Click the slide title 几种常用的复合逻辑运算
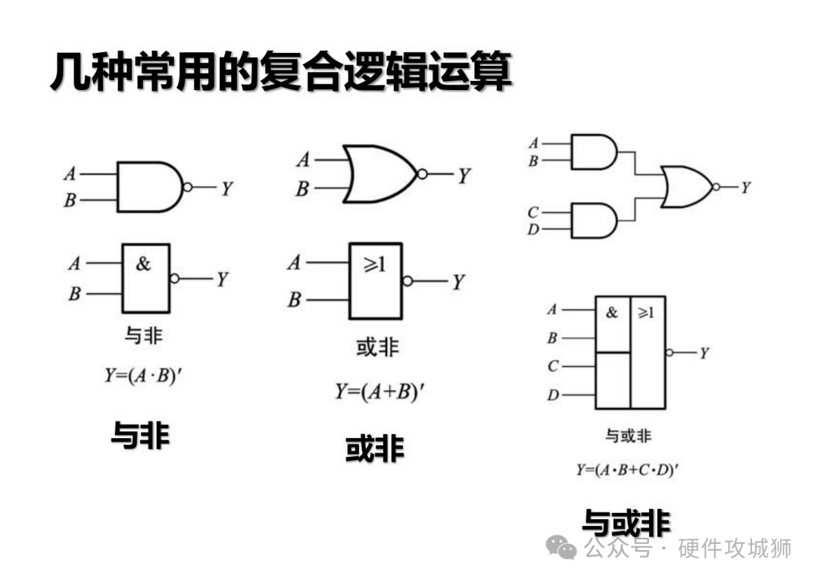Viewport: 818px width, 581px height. coord(280,73)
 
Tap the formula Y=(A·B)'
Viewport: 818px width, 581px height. coord(144,375)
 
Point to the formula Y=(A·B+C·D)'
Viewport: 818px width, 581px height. coord(627,470)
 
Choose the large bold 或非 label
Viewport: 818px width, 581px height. coord(375,449)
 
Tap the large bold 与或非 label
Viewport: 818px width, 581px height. coord(626,523)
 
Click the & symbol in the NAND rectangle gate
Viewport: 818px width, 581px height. coord(143,264)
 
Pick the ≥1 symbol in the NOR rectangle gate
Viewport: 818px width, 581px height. coord(374,265)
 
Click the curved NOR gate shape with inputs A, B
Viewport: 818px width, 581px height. coord(379,174)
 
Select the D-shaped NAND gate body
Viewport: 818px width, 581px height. coord(148,187)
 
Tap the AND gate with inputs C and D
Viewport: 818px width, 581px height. coord(592,220)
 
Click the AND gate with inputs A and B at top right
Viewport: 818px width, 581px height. coord(592,152)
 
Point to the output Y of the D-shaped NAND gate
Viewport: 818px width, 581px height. coord(226,188)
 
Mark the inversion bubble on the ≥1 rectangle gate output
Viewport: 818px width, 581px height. coord(408,281)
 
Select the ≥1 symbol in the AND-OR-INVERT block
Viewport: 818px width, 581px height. coord(646,312)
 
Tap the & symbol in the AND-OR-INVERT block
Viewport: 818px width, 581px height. coord(612,312)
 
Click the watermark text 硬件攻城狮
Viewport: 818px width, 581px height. coord(734,548)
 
